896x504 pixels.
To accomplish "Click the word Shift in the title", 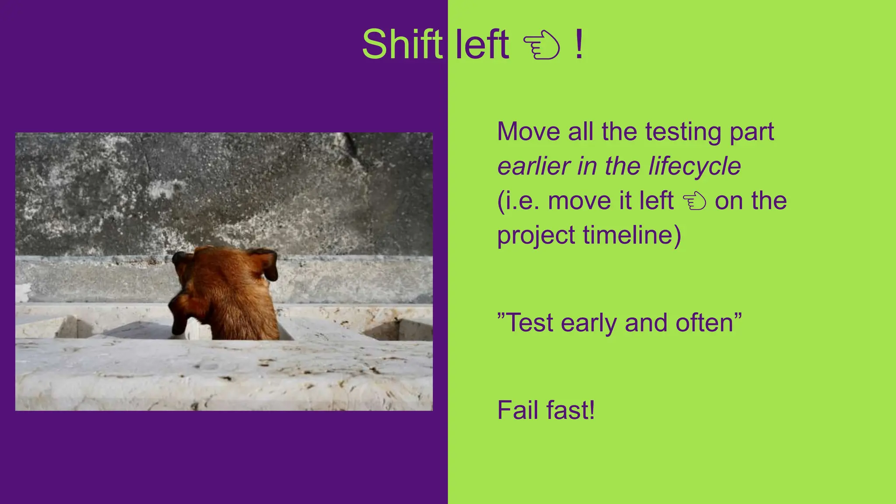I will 402,44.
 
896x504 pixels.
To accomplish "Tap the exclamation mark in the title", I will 579,44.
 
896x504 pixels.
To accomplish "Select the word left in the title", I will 482,44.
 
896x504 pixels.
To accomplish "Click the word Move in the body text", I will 528,131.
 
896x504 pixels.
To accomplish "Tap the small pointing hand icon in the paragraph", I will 694,202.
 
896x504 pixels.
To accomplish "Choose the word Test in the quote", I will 530,323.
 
